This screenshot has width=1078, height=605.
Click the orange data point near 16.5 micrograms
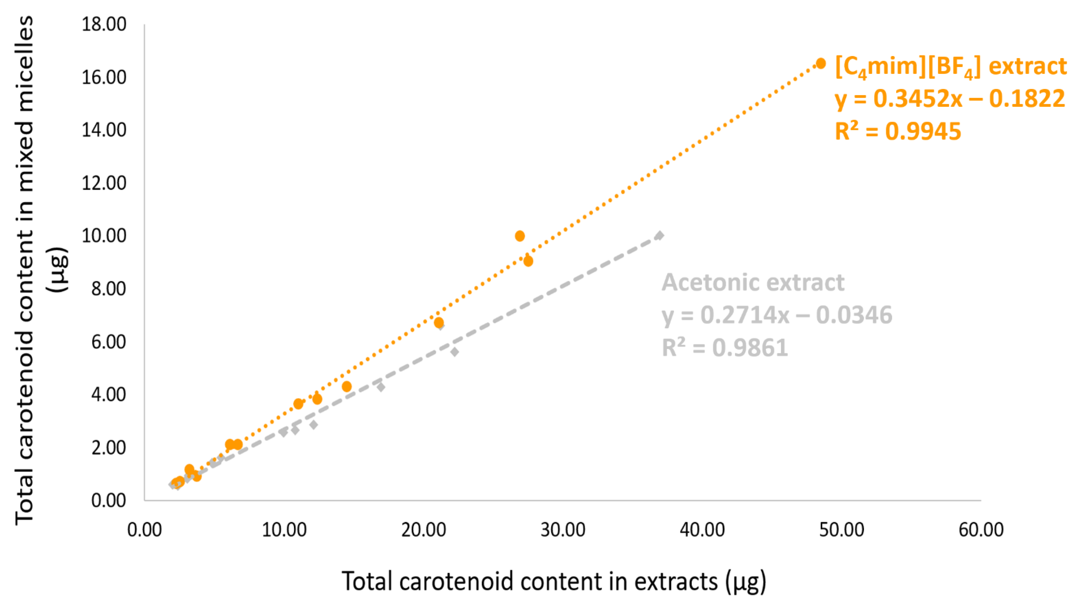(821, 64)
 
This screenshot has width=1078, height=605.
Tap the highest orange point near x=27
(520, 236)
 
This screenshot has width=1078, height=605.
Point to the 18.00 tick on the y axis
(104, 24)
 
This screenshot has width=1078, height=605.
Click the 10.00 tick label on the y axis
(104, 236)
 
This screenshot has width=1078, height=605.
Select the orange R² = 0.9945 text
(898, 131)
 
